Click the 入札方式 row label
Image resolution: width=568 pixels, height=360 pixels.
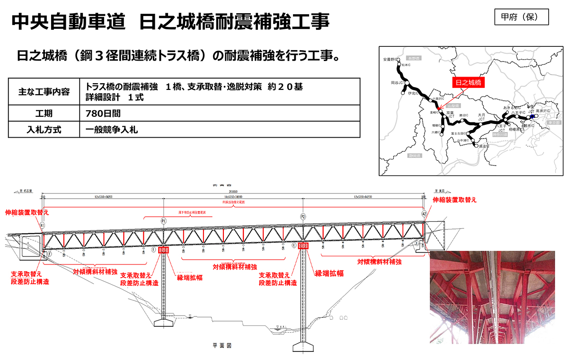[x=44, y=129]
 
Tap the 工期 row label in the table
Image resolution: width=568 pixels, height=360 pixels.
[x=44, y=114]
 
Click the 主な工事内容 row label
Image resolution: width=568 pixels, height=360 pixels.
[x=44, y=91]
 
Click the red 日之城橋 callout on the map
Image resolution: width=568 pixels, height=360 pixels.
[x=468, y=82]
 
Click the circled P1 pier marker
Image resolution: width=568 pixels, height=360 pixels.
[x=164, y=221]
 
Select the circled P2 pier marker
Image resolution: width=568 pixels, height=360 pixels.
[x=303, y=216]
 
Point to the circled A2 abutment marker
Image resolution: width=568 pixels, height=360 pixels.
[x=424, y=214]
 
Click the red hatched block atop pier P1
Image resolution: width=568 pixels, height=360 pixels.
[x=164, y=250]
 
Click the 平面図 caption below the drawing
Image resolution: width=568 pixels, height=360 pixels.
[x=221, y=346]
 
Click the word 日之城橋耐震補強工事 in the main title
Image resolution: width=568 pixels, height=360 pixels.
[x=234, y=21]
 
